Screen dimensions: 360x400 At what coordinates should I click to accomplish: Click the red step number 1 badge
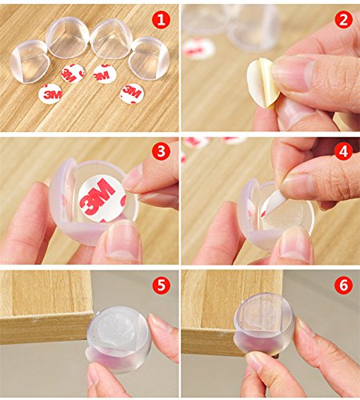[161, 19]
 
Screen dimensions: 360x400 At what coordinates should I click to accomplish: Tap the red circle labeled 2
[344, 19]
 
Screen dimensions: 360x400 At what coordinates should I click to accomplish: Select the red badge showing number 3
[161, 151]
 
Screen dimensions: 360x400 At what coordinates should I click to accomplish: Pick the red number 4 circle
[344, 151]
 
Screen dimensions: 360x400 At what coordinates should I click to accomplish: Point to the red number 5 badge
[161, 284]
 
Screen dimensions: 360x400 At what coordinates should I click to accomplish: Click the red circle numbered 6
[344, 284]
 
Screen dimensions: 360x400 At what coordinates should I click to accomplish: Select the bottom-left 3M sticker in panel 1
[50, 94]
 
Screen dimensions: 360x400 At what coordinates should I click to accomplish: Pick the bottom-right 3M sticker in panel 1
[132, 94]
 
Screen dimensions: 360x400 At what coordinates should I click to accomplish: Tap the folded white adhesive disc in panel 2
[263, 83]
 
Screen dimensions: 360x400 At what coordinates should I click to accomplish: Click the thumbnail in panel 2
[293, 73]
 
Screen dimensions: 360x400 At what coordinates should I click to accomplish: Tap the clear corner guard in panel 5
[119, 339]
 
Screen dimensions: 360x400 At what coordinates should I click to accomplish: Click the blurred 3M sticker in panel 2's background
[199, 49]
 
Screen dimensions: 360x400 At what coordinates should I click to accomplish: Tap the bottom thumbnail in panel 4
[296, 243]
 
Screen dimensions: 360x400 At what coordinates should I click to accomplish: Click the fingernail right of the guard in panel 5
[159, 322]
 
